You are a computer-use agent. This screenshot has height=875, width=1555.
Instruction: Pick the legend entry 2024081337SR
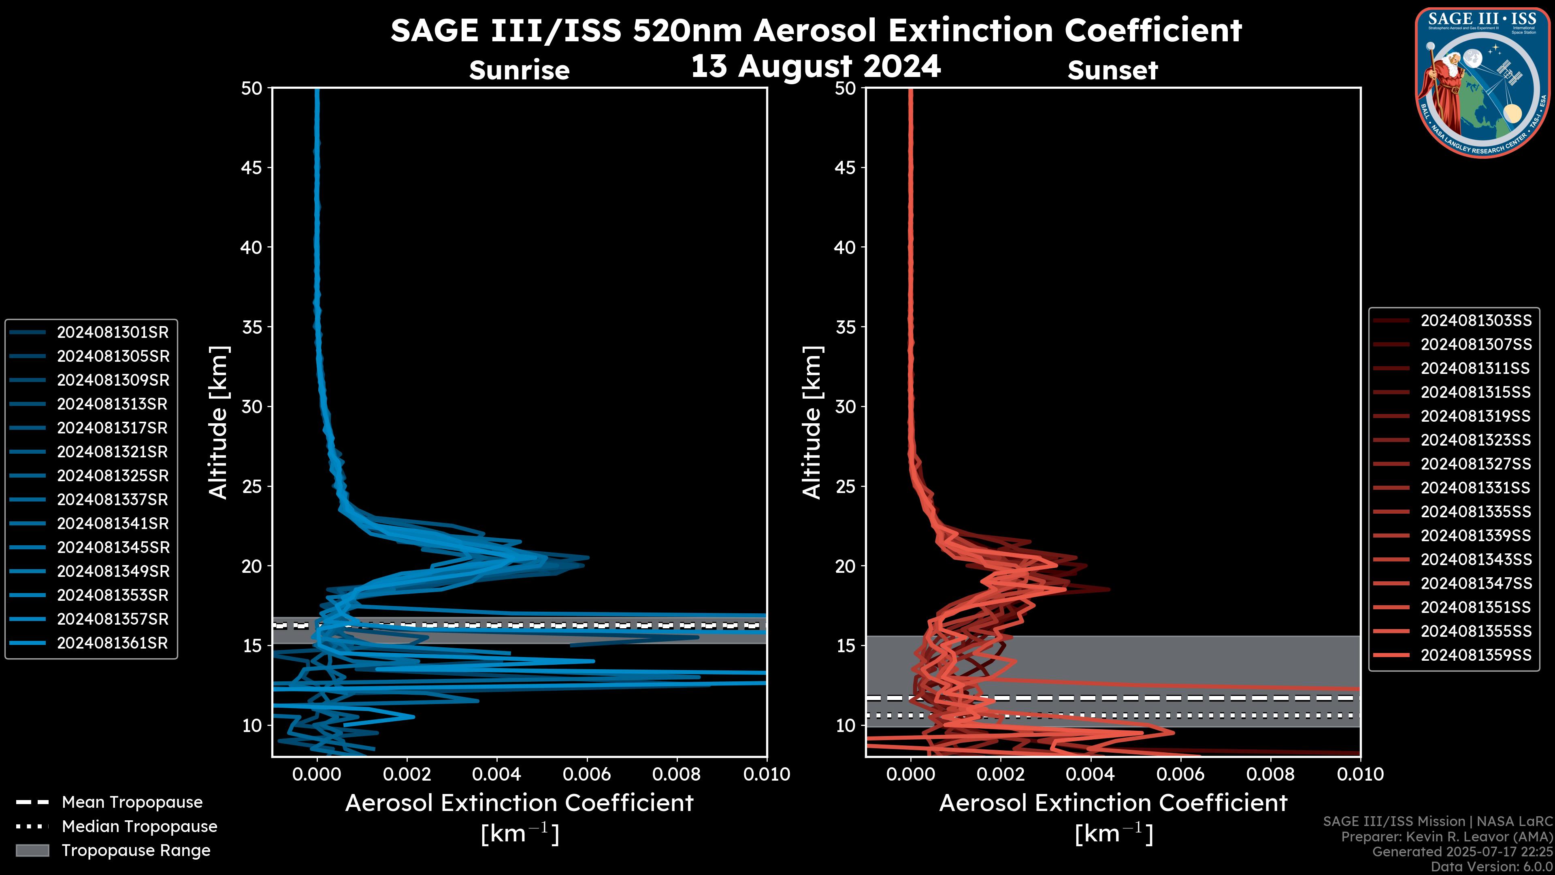112,499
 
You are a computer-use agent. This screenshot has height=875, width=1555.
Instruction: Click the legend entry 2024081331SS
1475,487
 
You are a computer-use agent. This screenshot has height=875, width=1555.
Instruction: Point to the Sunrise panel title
519,70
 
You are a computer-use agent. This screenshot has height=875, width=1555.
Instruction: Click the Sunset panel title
1112,70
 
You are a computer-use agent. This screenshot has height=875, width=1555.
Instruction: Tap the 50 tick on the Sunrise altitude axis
252,88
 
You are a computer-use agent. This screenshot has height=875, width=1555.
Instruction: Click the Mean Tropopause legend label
132,802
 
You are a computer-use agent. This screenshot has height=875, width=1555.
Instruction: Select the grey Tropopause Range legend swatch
32,850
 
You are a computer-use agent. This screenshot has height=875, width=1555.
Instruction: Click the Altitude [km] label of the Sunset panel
812,422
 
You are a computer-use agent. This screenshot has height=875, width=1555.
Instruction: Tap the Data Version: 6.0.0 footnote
1492,867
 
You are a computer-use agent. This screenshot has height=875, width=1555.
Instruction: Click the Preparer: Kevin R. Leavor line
1446,837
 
